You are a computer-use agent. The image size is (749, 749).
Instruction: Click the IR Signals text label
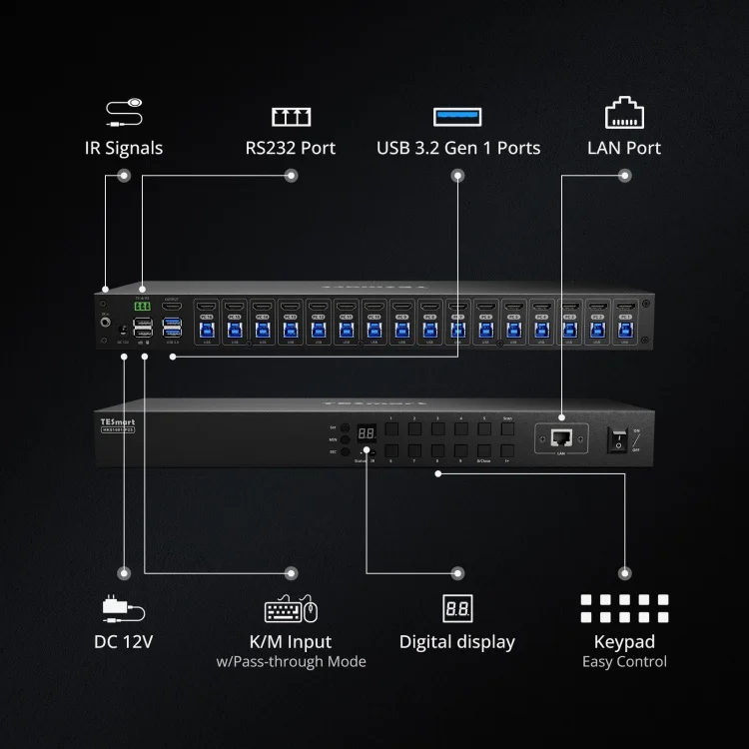pyautogui.click(x=124, y=148)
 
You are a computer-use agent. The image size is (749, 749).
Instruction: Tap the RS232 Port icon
pyautogui.click(x=291, y=115)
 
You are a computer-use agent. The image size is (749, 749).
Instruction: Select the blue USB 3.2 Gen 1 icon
pyautogui.click(x=457, y=115)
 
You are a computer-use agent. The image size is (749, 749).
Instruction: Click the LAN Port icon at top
pyautogui.click(x=624, y=112)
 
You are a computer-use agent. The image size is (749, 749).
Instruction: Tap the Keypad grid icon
pyautogui.click(x=624, y=609)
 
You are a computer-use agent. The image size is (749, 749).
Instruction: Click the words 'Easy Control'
pyautogui.click(x=624, y=661)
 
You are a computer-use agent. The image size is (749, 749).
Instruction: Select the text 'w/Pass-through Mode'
pyautogui.click(x=291, y=661)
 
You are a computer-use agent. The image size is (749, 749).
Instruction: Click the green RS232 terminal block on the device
pyautogui.click(x=142, y=307)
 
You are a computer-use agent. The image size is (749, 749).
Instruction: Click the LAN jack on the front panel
pyautogui.click(x=561, y=436)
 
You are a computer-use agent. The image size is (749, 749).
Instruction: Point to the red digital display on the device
pyautogui.click(x=367, y=434)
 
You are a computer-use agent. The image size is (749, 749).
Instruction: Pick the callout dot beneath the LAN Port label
pyautogui.click(x=624, y=176)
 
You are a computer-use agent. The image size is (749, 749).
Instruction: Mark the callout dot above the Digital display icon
pyautogui.click(x=456, y=574)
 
